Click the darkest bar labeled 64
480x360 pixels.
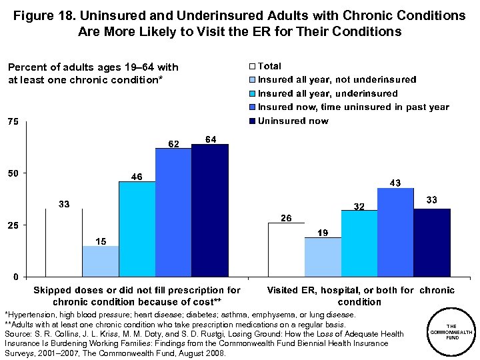coord(209,210)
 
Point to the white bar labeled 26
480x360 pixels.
coord(286,249)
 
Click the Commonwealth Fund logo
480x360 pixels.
coord(451,331)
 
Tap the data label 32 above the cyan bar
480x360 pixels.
coord(359,207)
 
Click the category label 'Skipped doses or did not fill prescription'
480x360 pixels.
coord(137,295)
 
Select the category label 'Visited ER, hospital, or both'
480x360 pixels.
coord(360,295)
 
